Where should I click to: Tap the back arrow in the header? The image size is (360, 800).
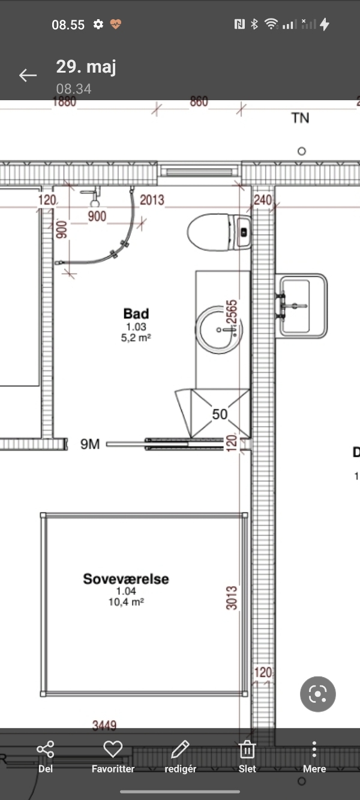pyautogui.click(x=28, y=76)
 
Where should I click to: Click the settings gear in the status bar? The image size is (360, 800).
pyautogui.click(x=98, y=24)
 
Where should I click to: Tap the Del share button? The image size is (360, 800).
pyautogui.click(x=46, y=749)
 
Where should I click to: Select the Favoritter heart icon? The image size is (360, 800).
pyautogui.click(x=113, y=748)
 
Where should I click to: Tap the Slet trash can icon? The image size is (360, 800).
pyautogui.click(x=247, y=749)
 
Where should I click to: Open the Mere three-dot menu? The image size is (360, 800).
pyautogui.click(x=314, y=749)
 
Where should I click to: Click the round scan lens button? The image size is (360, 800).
pyautogui.click(x=318, y=694)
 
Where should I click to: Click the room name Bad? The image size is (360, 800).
pyautogui.click(x=136, y=313)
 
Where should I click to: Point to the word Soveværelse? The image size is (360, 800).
pyautogui.click(x=126, y=579)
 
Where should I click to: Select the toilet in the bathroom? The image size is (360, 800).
pyautogui.click(x=219, y=232)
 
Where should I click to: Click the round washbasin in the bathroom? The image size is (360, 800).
pyautogui.click(x=219, y=329)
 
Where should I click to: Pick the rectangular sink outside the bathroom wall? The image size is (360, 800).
pyautogui.click(x=301, y=305)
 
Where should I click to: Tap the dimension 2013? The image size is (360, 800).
pyautogui.click(x=152, y=200)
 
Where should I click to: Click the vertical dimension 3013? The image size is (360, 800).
pyautogui.click(x=232, y=598)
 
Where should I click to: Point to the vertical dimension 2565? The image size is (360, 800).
pyautogui.click(x=232, y=312)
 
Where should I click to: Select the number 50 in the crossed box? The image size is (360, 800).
pyautogui.click(x=220, y=414)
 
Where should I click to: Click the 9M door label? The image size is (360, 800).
pyautogui.click(x=90, y=444)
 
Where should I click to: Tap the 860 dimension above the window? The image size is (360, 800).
pyautogui.click(x=199, y=102)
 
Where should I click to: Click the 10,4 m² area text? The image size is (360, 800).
pyautogui.click(x=126, y=602)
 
